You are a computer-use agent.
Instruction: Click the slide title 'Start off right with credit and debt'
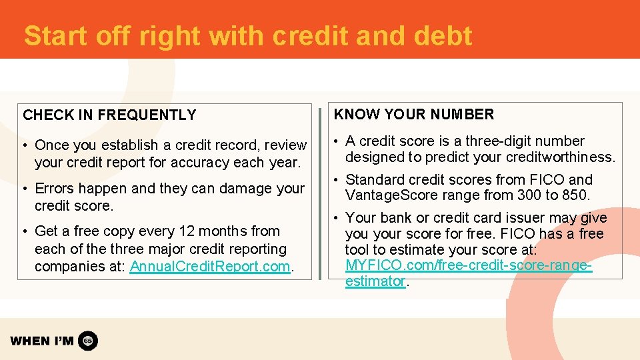pyautogui.click(x=248, y=36)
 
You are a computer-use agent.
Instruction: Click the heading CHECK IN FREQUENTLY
pyautogui.click(x=109, y=115)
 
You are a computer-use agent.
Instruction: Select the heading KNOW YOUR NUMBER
pyautogui.click(x=414, y=115)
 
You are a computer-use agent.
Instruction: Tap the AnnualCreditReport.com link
pyautogui.click(x=210, y=267)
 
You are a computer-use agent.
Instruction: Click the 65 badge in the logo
pyautogui.click(x=88, y=341)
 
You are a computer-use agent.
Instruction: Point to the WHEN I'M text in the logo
pyautogui.click(x=42, y=341)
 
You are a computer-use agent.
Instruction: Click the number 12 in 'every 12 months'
pyautogui.click(x=186, y=231)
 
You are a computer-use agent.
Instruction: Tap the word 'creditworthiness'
pyautogui.click(x=563, y=157)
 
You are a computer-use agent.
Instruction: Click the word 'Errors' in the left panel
pyautogui.click(x=55, y=189)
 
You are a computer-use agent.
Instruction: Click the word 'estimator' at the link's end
pyautogui.click(x=375, y=281)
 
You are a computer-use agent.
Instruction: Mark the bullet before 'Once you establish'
pyautogui.click(x=24, y=145)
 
